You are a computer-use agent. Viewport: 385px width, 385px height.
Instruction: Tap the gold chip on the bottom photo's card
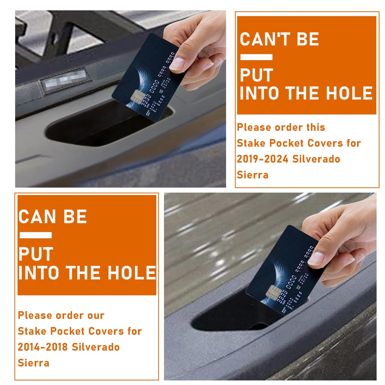(x=274, y=293)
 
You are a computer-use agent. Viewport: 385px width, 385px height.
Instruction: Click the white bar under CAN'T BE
(x=256, y=57)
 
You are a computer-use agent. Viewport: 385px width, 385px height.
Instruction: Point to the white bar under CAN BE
(x=36, y=235)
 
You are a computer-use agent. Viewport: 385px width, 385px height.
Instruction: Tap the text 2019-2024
(x=262, y=159)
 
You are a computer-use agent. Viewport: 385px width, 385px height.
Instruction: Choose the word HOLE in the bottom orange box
(x=132, y=273)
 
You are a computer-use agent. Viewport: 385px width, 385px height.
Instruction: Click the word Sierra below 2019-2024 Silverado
(x=252, y=175)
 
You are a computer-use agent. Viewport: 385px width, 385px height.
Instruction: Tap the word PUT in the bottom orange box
(x=36, y=254)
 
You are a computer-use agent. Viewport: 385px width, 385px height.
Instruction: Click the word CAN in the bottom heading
(x=37, y=217)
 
